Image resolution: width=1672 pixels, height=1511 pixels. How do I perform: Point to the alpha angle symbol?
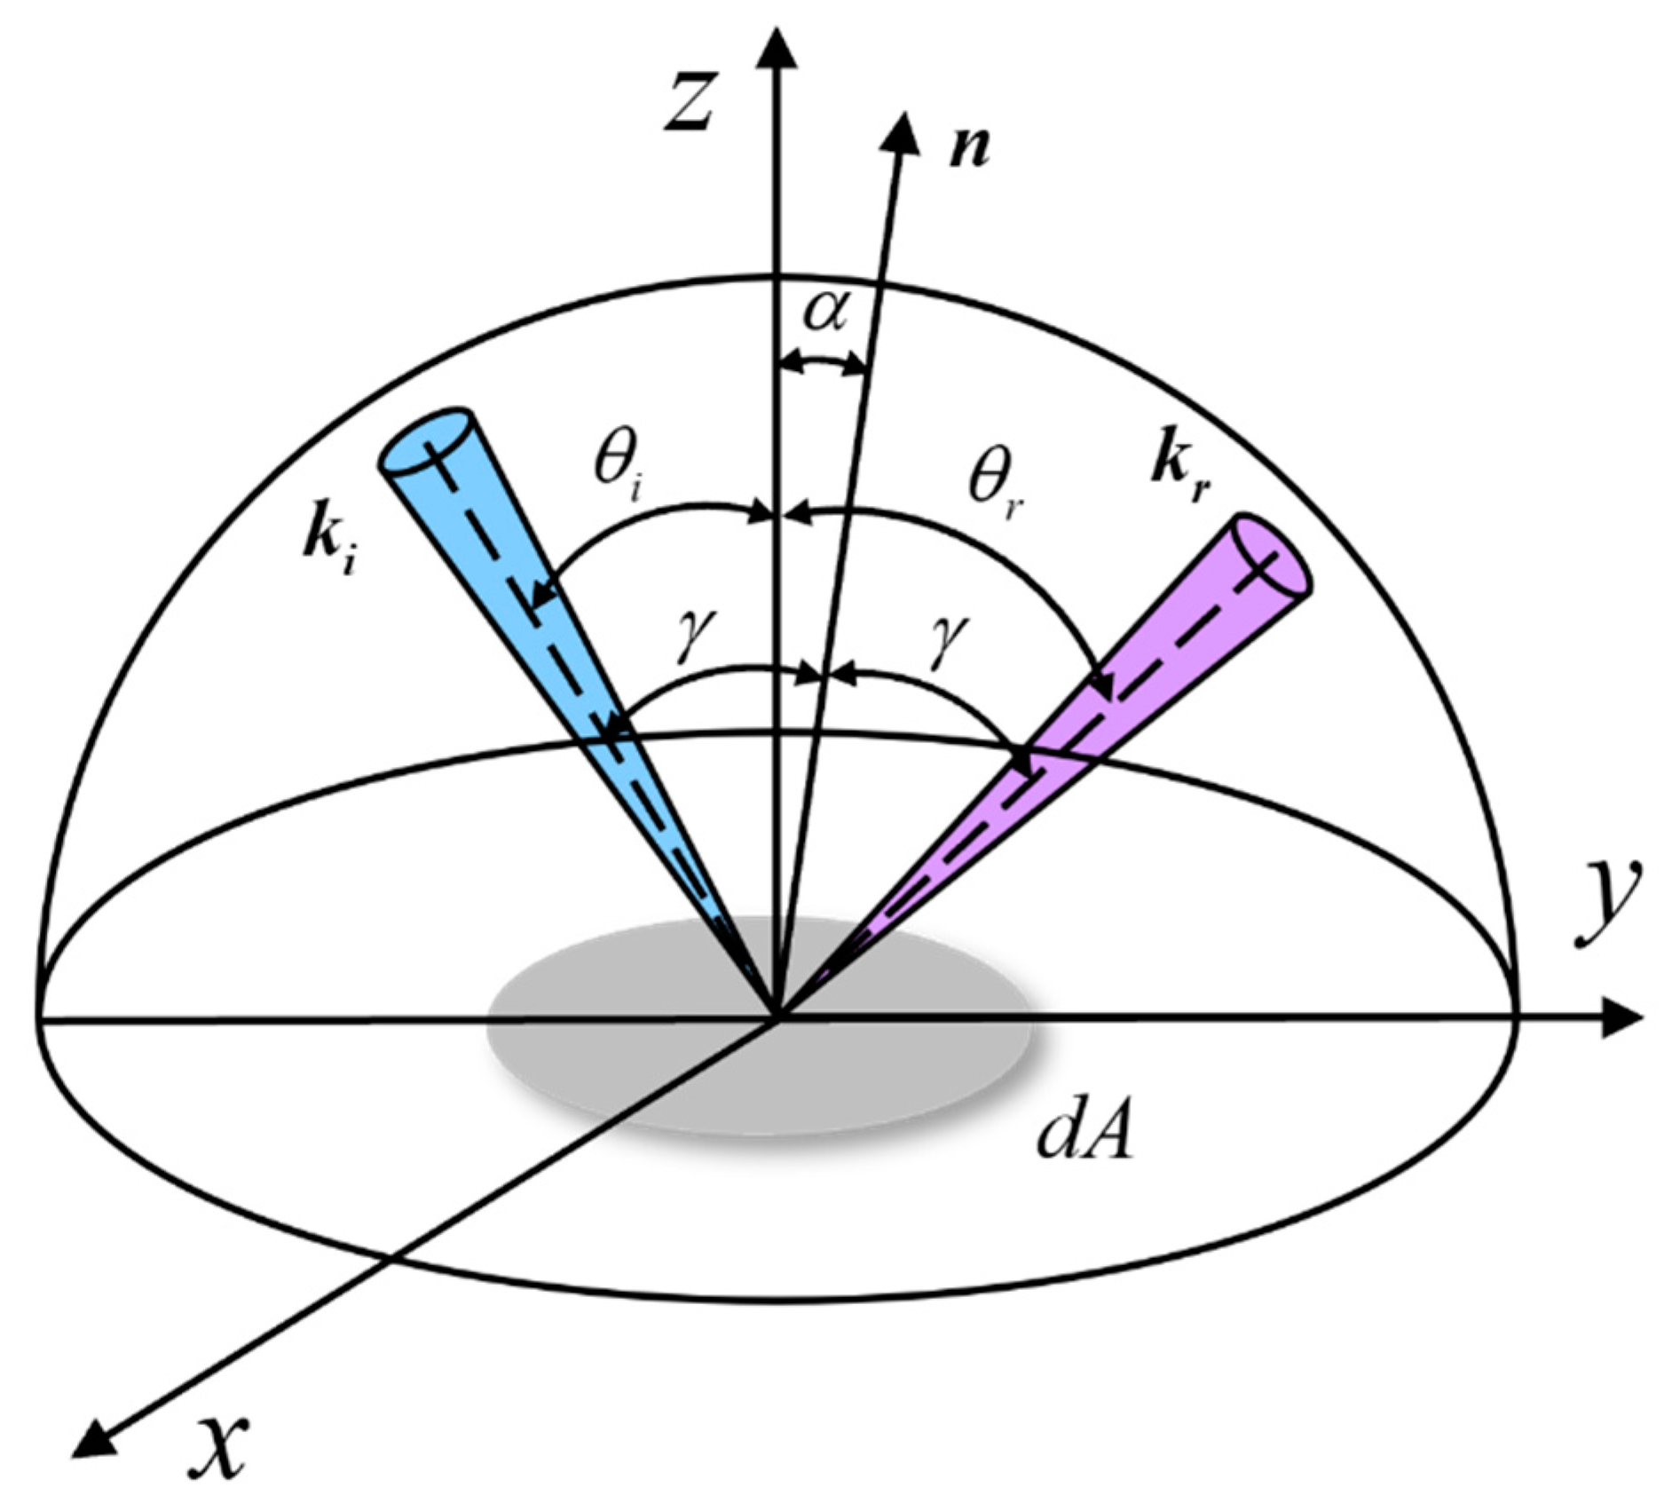tap(824, 312)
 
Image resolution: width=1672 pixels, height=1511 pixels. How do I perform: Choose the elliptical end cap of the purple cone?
tap(1273, 556)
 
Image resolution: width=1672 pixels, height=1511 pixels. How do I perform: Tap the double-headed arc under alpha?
tap(822, 363)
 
